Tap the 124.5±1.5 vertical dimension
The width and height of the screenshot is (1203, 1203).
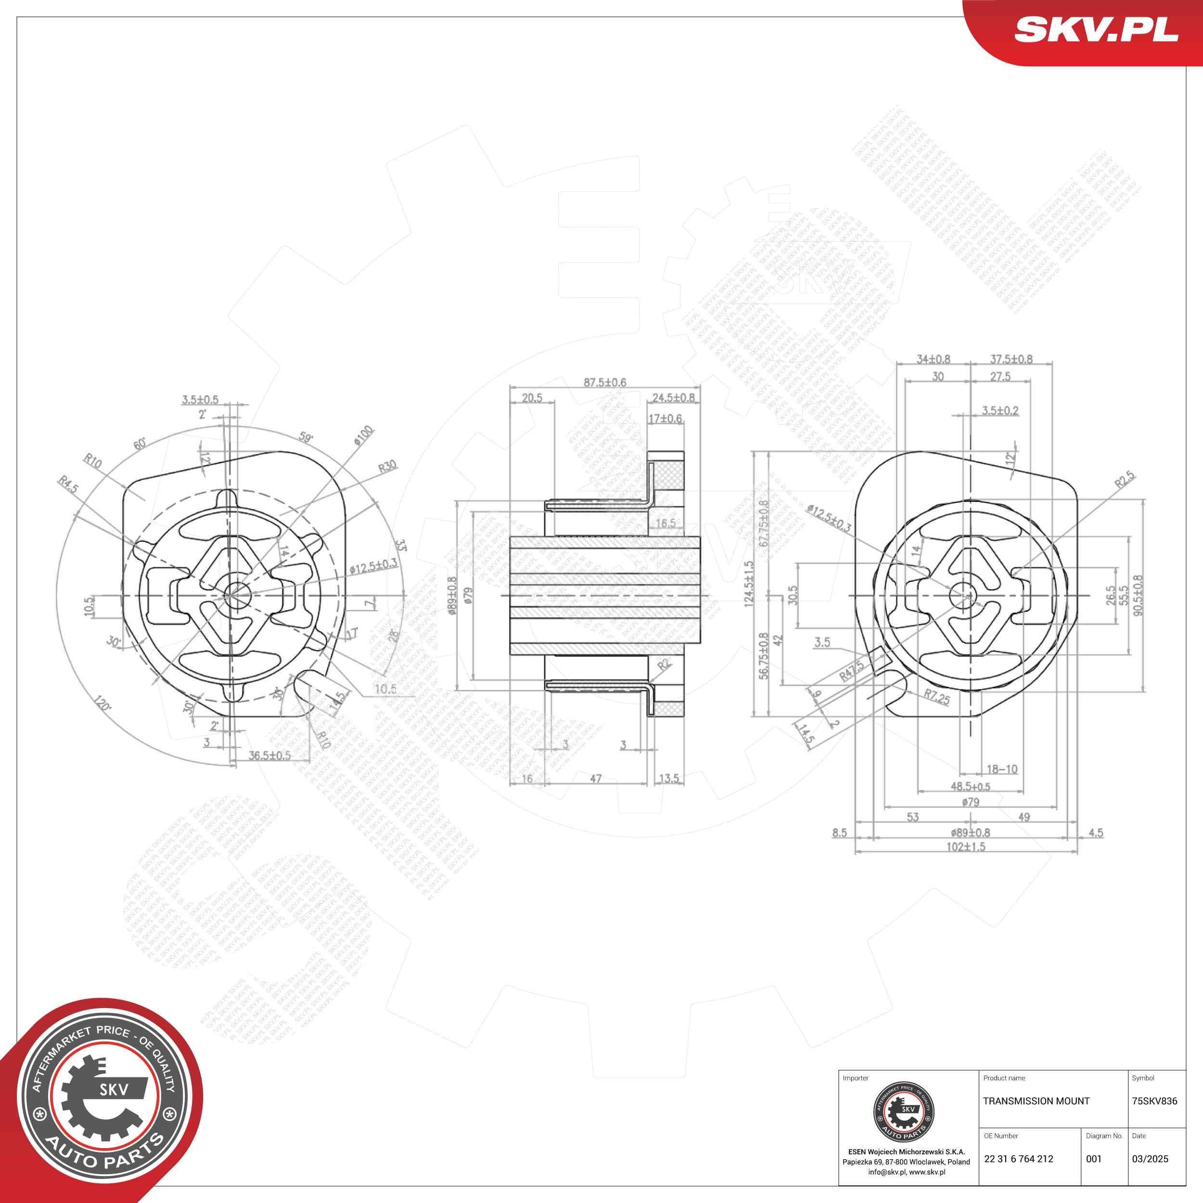pyautogui.click(x=749, y=583)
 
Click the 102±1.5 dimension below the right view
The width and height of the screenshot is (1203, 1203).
pyautogui.click(x=965, y=847)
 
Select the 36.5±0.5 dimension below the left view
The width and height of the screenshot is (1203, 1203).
pyautogui.click(x=269, y=755)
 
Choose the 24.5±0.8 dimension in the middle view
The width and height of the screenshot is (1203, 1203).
pyautogui.click(x=673, y=397)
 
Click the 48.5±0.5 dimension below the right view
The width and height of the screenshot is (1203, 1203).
pyautogui.click(x=970, y=786)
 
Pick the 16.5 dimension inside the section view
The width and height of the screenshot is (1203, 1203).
pyautogui.click(x=665, y=524)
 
